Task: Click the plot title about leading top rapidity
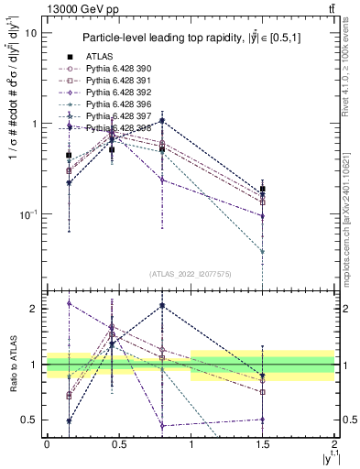(192, 38)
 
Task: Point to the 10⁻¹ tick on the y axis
(29, 214)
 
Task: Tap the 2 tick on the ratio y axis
(35, 309)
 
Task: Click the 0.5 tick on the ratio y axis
(30, 420)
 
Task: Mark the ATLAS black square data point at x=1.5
(263, 190)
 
